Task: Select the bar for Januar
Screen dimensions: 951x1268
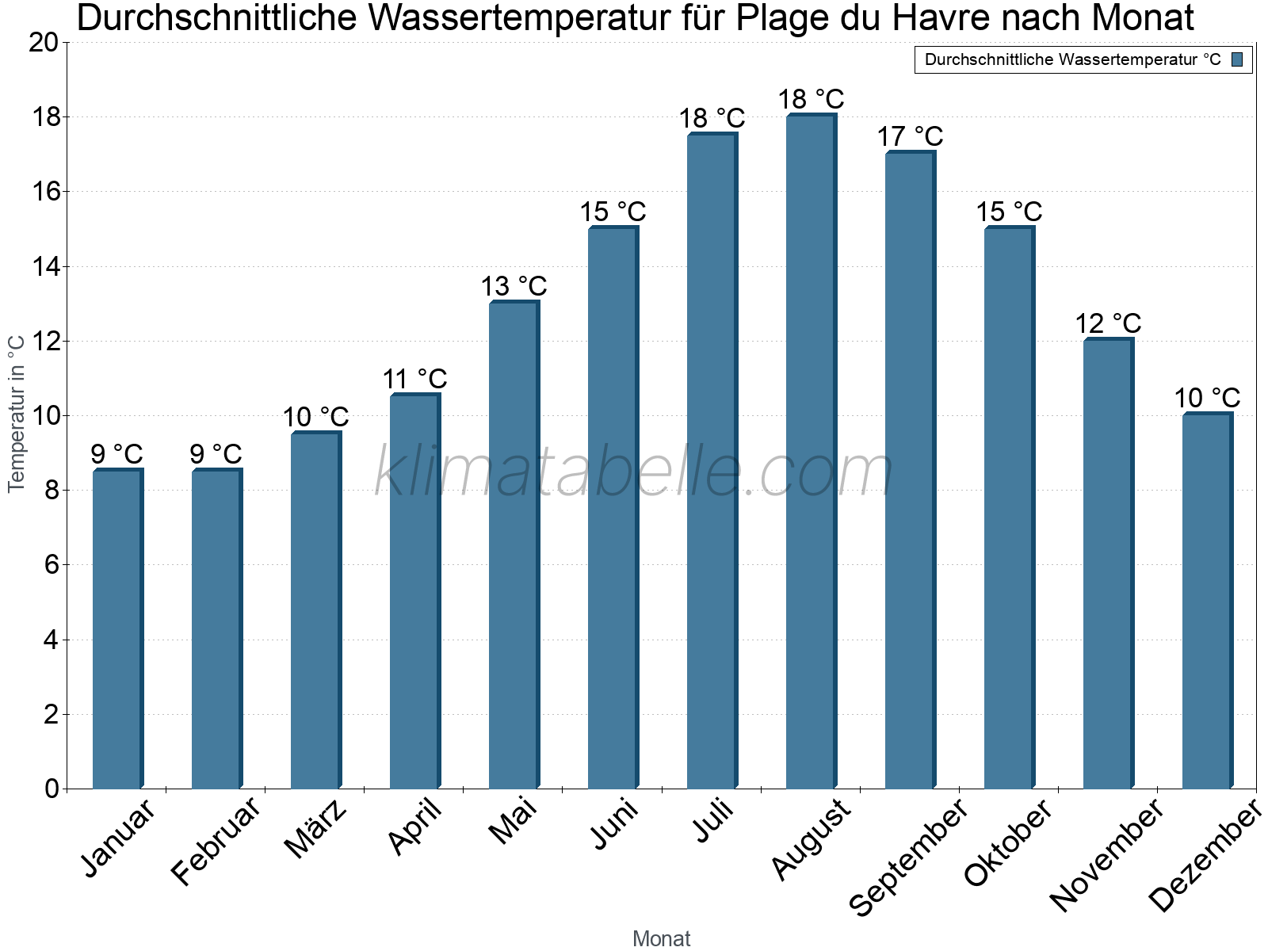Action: coord(117,630)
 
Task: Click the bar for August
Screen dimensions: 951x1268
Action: coord(811,452)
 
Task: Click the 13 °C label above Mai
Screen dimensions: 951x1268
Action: coord(514,286)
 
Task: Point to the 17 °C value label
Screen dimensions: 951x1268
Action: coord(910,136)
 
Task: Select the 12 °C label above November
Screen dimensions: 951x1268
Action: coord(1108,323)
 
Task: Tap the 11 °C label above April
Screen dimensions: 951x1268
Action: coord(414,379)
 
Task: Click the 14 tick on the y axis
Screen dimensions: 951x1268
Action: coord(46,267)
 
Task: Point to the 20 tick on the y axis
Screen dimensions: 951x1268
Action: coord(44,43)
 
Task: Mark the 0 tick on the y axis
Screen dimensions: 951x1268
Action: coord(52,789)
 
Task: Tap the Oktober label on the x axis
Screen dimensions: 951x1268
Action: coord(1008,843)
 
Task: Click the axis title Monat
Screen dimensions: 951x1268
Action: coord(661,939)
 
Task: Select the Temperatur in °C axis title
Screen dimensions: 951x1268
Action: coord(16,414)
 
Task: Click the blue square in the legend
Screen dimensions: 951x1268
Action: coord(1237,59)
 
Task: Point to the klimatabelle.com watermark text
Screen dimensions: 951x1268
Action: coord(634,472)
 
